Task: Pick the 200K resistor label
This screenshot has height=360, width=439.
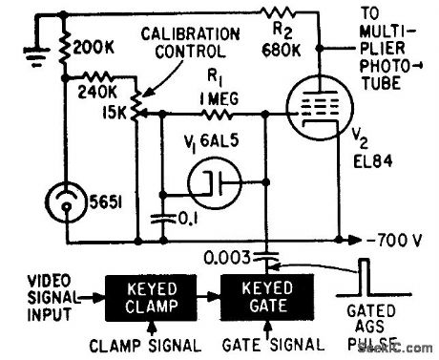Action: pyautogui.click(x=91, y=46)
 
